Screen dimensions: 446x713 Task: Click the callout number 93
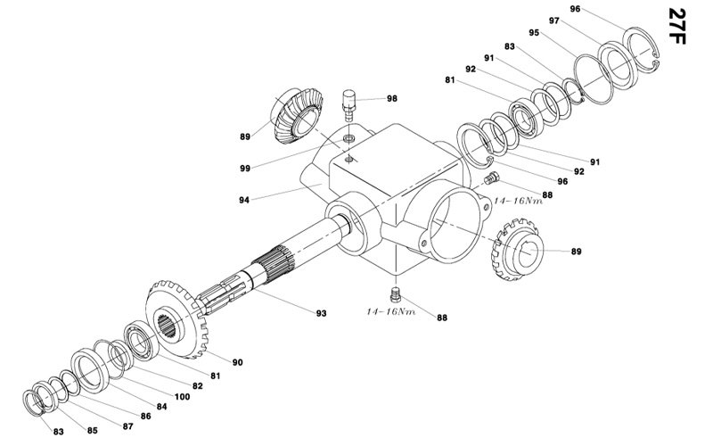click(320, 313)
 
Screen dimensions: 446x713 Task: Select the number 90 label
click(238, 361)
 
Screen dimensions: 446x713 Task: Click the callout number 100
click(182, 396)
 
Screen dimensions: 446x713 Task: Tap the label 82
click(197, 385)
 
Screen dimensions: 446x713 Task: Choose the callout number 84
click(162, 407)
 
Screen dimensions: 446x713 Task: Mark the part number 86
click(145, 417)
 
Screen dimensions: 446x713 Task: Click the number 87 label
click(127, 425)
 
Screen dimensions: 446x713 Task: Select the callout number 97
click(553, 21)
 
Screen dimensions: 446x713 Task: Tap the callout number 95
click(534, 33)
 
